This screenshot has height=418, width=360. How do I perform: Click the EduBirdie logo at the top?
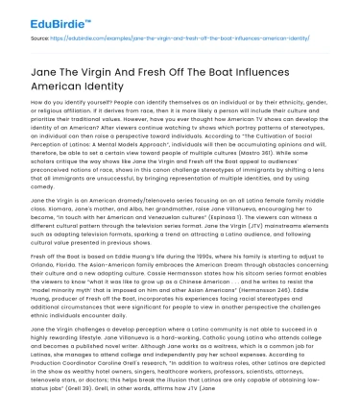coord(41,16)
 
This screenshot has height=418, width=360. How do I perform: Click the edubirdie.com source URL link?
coord(186,42)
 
